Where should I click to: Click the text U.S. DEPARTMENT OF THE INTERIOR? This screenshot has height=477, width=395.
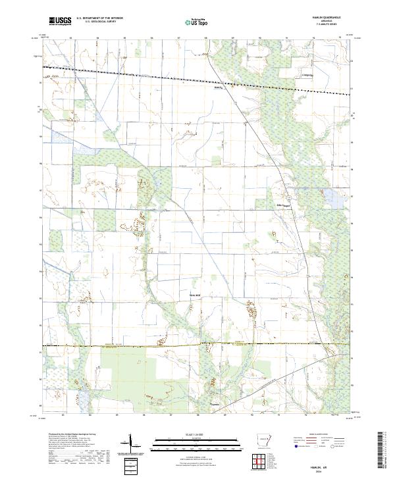coord(99,18)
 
